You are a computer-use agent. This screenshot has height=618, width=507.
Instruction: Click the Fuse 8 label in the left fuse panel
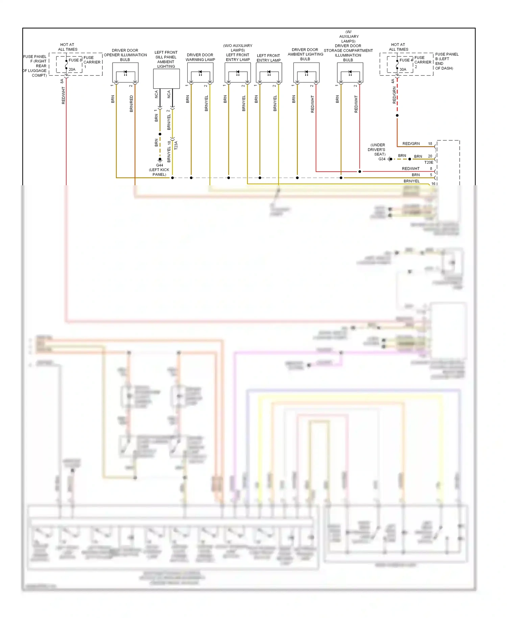click(x=75, y=60)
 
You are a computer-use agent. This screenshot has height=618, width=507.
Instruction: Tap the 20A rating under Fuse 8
click(x=72, y=70)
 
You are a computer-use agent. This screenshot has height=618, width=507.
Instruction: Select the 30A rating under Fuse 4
click(x=403, y=70)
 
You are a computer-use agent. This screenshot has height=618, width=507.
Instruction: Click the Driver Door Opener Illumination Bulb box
click(x=125, y=72)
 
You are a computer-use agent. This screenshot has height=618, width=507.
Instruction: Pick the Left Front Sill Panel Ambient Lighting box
click(x=166, y=79)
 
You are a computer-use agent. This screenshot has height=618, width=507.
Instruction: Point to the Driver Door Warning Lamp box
click(x=200, y=72)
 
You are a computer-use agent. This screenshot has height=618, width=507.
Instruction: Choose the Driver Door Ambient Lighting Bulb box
click(x=306, y=72)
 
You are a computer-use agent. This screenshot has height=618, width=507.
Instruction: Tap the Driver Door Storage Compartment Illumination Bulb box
click(x=350, y=72)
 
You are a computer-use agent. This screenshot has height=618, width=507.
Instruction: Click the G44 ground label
click(x=160, y=165)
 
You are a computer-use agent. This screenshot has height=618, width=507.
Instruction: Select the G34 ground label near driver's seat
click(x=382, y=159)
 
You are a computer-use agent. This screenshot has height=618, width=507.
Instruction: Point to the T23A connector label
click(x=176, y=145)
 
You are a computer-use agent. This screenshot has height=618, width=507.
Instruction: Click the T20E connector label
click(x=429, y=162)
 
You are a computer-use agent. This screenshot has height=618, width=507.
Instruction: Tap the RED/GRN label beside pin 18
click(x=411, y=144)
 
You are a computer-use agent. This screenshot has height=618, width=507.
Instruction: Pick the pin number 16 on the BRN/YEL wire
click(x=433, y=184)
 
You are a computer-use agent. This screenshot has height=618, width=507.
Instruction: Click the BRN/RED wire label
click(x=131, y=103)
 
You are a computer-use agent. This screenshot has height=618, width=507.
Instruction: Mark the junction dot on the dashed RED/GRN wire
click(x=397, y=116)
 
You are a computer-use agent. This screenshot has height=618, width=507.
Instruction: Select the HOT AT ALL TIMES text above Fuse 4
click(x=398, y=47)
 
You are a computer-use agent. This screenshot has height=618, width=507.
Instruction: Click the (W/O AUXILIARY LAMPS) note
click(x=238, y=48)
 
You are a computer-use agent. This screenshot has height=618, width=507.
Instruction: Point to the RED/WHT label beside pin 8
click(x=411, y=168)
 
